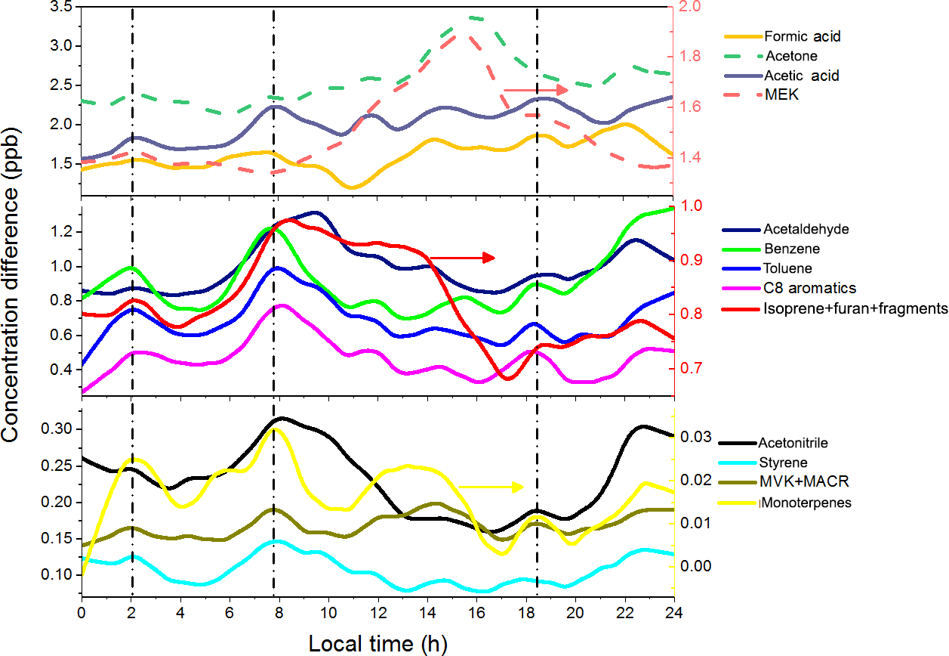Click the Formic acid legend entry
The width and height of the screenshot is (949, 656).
click(x=802, y=36)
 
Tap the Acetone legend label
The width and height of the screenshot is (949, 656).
click(x=791, y=56)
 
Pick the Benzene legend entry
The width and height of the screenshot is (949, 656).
click(x=791, y=249)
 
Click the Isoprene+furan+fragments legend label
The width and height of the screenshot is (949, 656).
click(x=855, y=308)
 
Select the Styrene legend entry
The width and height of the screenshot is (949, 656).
click(x=782, y=463)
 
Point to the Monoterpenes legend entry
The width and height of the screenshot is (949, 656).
click(x=805, y=503)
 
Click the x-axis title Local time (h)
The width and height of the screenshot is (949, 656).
click(x=377, y=643)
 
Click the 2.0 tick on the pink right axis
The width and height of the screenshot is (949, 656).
click(x=691, y=7)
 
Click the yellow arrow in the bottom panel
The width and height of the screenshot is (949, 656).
click(x=490, y=487)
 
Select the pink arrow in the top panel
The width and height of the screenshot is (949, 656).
click(x=535, y=90)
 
